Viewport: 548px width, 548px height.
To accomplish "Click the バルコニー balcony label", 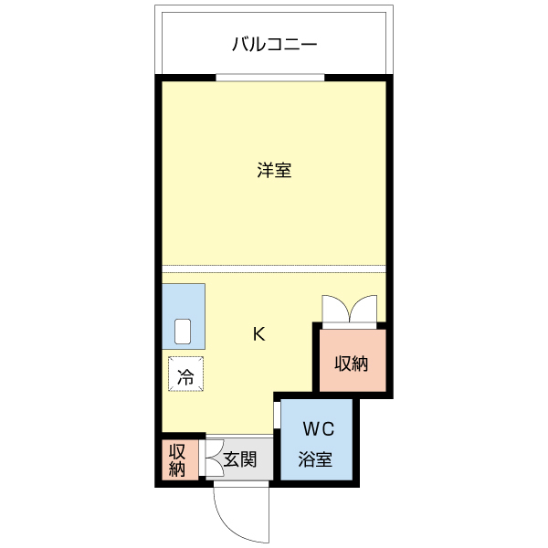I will (x=274, y=43).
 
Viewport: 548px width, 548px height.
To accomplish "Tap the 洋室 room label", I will (x=274, y=170).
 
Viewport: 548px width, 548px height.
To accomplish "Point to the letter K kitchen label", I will (x=259, y=334).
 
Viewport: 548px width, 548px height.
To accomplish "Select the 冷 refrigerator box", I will (x=185, y=374).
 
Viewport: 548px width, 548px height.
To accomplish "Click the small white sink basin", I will (x=183, y=330).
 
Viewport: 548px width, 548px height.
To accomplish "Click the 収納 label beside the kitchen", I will (x=351, y=364).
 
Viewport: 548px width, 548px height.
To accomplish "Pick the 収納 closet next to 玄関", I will (x=177, y=461).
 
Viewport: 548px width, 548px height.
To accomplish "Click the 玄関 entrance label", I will (x=239, y=460).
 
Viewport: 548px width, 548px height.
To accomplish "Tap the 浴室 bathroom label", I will (x=316, y=460).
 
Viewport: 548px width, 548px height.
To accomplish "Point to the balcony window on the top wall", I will (x=274, y=79).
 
